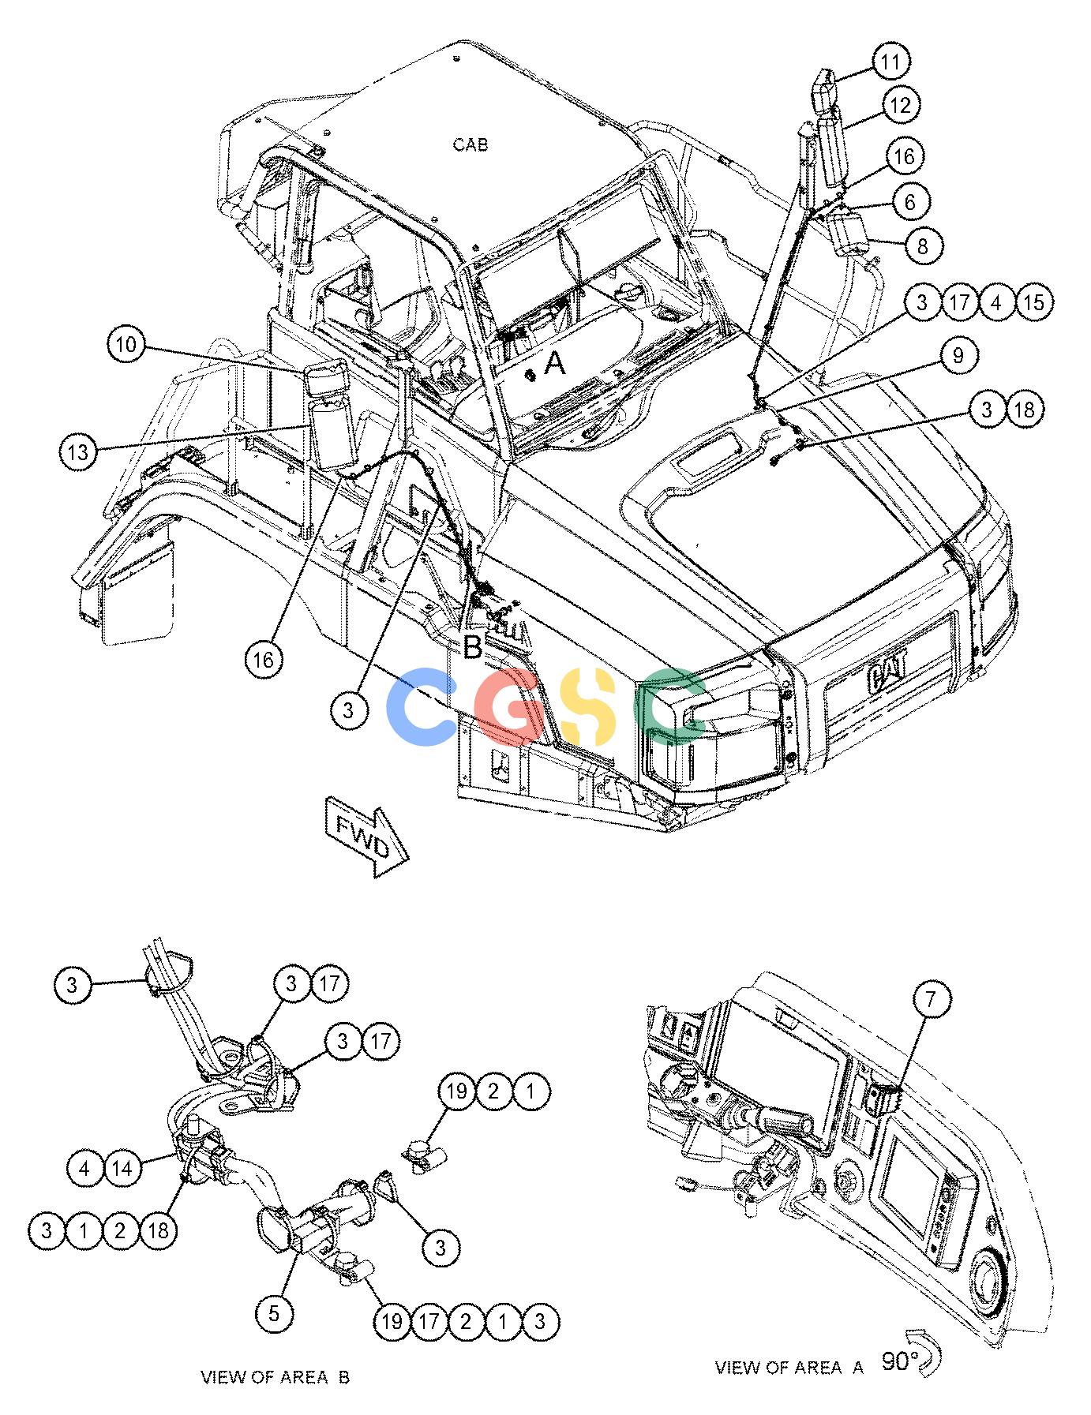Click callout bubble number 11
[x=890, y=62]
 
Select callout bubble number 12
[x=901, y=104]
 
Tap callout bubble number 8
[x=922, y=245]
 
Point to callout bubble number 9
[x=958, y=356]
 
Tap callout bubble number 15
[x=1034, y=302]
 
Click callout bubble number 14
[x=122, y=1169]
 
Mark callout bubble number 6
[x=910, y=203]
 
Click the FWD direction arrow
[x=366, y=840]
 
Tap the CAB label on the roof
[x=471, y=144]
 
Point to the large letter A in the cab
[x=555, y=364]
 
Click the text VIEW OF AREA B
[x=275, y=1378]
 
